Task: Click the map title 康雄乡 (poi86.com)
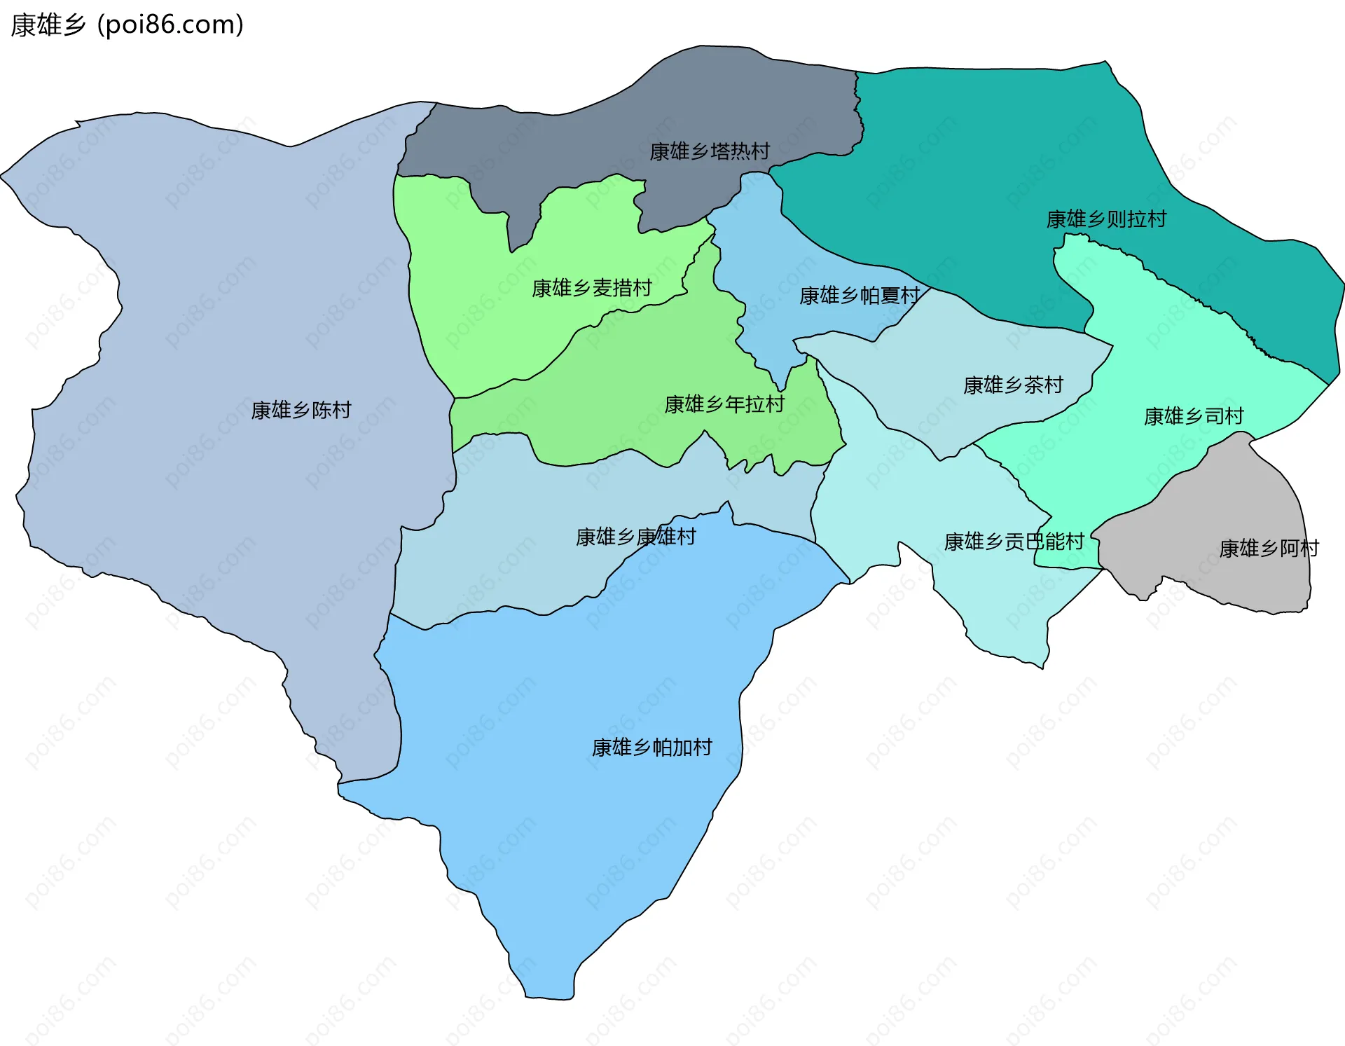pyautogui.click(x=127, y=25)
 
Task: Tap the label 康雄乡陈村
pyautogui.click(x=301, y=410)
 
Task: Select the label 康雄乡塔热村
pyautogui.click(x=710, y=151)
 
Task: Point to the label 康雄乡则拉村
pyautogui.click(x=1106, y=219)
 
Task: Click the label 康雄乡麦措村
pyautogui.click(x=592, y=288)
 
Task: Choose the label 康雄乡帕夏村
pyautogui.click(x=860, y=296)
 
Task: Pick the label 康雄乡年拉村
pyautogui.click(x=724, y=404)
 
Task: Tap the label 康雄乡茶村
pyautogui.click(x=1013, y=385)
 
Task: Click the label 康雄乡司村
pyautogui.click(x=1194, y=416)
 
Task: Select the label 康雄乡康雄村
pyautogui.click(x=636, y=537)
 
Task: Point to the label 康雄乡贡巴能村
pyautogui.click(x=1014, y=542)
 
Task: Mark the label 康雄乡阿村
pyautogui.click(x=1269, y=548)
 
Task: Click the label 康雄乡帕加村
pyautogui.click(x=651, y=748)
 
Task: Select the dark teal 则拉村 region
pyautogui.click(x=981, y=154)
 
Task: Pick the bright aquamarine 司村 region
pyautogui.click(x=1156, y=336)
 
